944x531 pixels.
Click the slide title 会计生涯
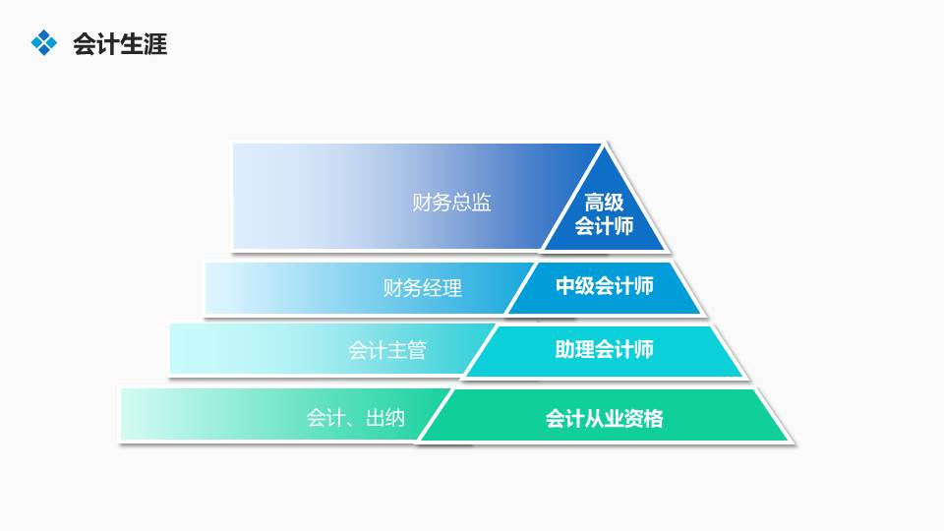(120, 44)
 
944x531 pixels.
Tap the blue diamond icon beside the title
(44, 42)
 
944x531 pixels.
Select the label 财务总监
(451, 204)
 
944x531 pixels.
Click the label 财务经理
(422, 288)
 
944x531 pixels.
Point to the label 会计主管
(386, 350)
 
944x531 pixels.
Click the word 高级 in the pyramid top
(604, 204)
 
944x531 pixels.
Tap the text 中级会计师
(604, 286)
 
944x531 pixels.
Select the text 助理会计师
(604, 349)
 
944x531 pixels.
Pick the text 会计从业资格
(604, 419)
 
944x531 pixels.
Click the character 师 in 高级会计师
(623, 227)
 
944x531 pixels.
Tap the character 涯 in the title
(155, 44)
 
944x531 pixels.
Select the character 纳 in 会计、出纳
(393, 418)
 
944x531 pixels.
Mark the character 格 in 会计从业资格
(653, 419)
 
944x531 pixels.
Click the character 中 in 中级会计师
(565, 286)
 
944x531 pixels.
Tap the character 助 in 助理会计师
(565, 349)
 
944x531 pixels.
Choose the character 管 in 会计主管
(416, 350)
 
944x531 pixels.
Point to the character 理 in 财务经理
(451, 288)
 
